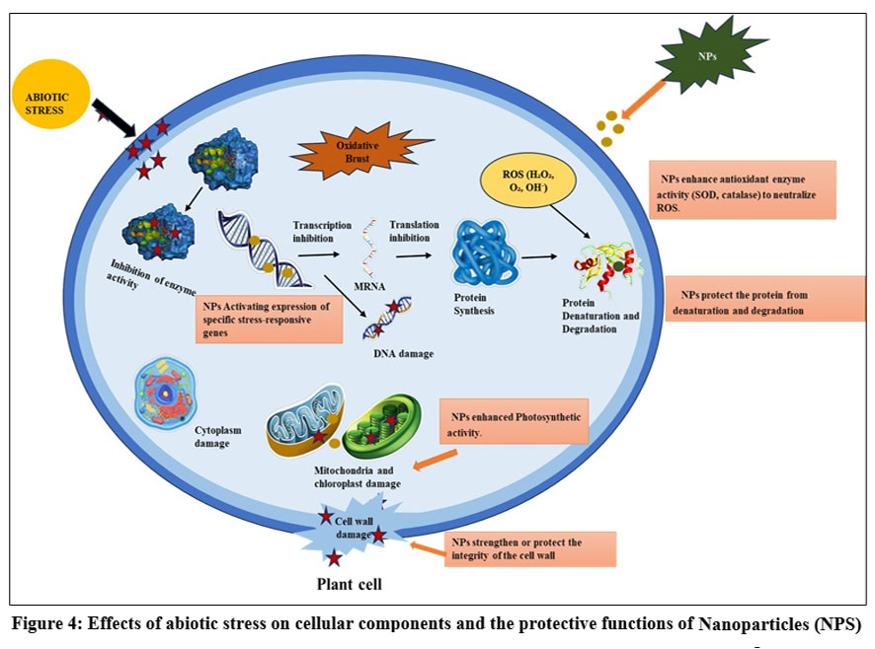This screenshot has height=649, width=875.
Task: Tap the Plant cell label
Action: point(349,584)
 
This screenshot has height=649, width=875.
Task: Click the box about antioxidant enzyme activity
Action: point(742,189)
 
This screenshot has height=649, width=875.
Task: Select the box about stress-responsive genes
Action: point(268,318)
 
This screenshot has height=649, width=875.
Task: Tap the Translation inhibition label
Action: point(414,232)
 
